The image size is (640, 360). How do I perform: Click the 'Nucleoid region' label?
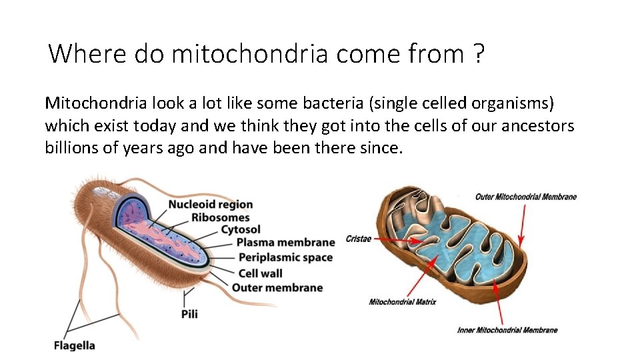pyautogui.click(x=211, y=205)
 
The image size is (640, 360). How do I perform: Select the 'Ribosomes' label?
pyautogui.click(x=220, y=217)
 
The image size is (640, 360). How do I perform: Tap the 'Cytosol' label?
pyautogui.click(x=241, y=230)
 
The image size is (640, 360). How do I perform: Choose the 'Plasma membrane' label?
pyautogui.click(x=285, y=243)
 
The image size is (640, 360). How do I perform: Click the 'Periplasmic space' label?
pyautogui.click(x=285, y=257)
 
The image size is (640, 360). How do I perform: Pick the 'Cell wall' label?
pyautogui.click(x=260, y=273)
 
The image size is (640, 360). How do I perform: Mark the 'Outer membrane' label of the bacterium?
pyautogui.click(x=277, y=287)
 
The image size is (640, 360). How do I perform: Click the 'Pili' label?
pyautogui.click(x=189, y=313)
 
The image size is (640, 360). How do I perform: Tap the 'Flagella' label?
pyautogui.click(x=75, y=345)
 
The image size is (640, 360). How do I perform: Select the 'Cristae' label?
pyautogui.click(x=359, y=239)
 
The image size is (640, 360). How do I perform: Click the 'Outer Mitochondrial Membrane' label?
pyautogui.click(x=525, y=197)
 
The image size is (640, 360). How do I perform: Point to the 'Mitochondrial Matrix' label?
pyautogui.click(x=402, y=302)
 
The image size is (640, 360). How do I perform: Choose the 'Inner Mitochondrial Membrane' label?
pyautogui.click(x=507, y=330)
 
